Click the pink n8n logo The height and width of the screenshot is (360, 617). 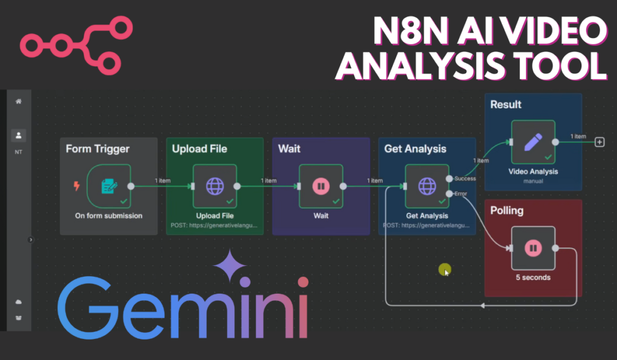pos(75,43)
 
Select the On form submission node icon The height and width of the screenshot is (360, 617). pos(108,186)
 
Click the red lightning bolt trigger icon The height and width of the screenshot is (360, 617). pos(77,186)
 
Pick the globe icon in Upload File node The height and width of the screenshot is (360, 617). pos(215,186)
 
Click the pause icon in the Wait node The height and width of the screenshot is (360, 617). pos(321,186)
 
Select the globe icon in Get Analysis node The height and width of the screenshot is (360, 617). pos(427,186)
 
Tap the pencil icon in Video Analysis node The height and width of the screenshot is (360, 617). pos(533,142)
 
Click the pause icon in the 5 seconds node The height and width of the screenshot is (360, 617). pos(533,248)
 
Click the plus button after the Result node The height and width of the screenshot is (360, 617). pos(600,142)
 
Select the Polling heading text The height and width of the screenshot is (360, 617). pos(507,211)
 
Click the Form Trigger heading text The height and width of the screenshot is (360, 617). pos(98,149)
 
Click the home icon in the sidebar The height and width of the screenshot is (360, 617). pos(19,102)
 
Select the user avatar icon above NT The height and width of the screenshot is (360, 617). pos(19,136)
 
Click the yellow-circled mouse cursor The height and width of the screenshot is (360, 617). pos(445,270)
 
